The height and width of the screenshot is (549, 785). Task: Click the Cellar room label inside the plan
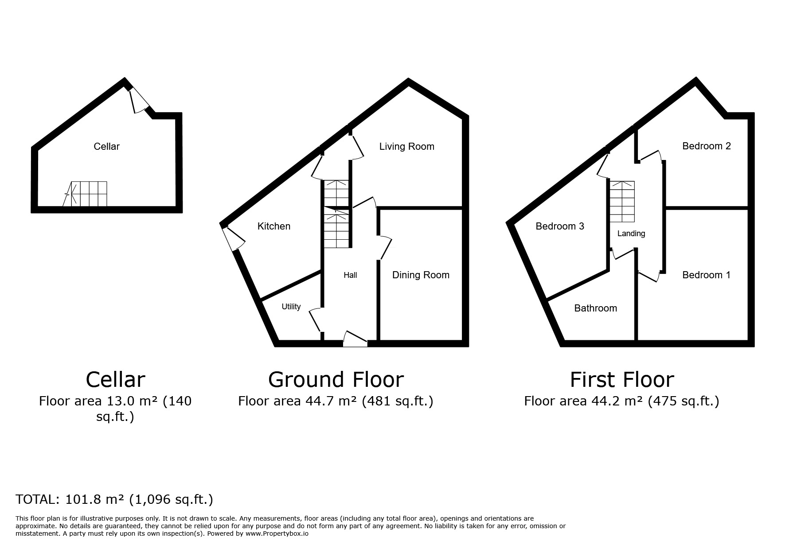(x=106, y=147)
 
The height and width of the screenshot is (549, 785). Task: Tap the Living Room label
(x=406, y=147)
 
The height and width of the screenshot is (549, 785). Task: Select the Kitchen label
(x=274, y=226)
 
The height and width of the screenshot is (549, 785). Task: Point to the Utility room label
(x=291, y=307)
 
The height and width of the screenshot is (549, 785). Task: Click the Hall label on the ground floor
(x=350, y=275)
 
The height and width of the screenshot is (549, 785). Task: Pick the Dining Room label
(x=421, y=275)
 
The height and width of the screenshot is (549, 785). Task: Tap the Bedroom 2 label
(x=707, y=146)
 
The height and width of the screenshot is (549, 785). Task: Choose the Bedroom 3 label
(x=560, y=226)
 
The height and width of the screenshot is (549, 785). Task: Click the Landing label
(x=631, y=234)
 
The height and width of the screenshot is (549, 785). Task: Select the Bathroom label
(x=595, y=308)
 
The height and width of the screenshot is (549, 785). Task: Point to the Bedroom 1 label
(x=706, y=275)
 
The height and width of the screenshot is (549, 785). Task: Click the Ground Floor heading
(x=336, y=380)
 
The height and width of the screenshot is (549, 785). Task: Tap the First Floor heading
(x=622, y=380)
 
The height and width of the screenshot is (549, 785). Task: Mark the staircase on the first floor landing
(x=621, y=202)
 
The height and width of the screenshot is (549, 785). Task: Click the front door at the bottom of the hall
(x=355, y=339)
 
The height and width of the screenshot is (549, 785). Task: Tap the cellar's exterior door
(x=140, y=100)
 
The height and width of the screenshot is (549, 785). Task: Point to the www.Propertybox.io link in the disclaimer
(x=277, y=534)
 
